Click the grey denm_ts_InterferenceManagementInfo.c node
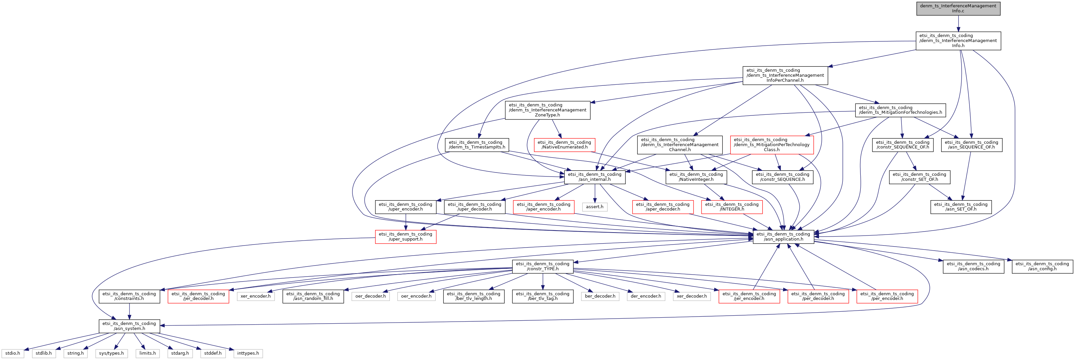[x=958, y=8]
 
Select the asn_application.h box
[x=783, y=237]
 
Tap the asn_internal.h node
[x=595, y=177]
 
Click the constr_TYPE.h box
[x=543, y=266]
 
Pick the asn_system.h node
[x=129, y=326]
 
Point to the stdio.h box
[x=13, y=353]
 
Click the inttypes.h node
[x=248, y=353]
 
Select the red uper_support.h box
[x=406, y=237]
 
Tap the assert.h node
[x=595, y=207]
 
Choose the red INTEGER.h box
[x=732, y=207]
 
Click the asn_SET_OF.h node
[x=961, y=207]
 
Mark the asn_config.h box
[x=1042, y=266]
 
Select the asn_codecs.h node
[x=973, y=266]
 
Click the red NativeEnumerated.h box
[x=564, y=145]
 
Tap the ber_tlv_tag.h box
[x=543, y=296]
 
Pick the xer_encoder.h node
[x=255, y=296]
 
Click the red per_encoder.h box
[x=887, y=296]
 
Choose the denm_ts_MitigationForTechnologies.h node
[x=900, y=110]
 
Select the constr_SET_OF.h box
[x=919, y=177]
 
